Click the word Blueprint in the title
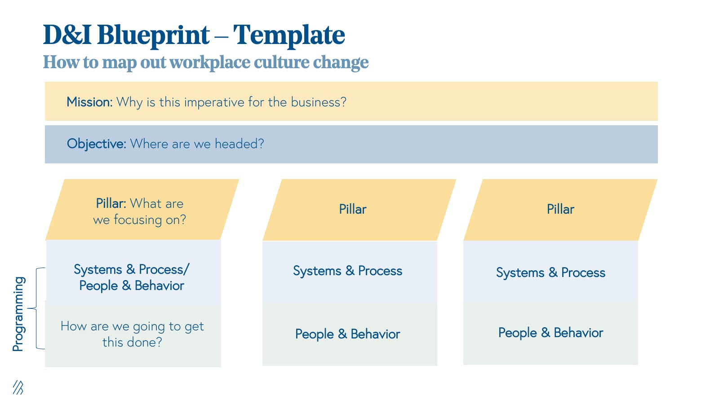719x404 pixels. click(153, 35)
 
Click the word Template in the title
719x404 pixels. click(289, 35)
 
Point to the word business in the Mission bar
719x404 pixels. click(318, 102)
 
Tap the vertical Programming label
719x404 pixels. click(18, 314)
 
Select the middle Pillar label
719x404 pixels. click(352, 209)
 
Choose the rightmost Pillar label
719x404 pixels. click(560, 209)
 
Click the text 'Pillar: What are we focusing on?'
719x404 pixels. click(139, 211)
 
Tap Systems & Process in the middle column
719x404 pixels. click(347, 271)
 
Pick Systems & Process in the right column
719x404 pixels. click(550, 272)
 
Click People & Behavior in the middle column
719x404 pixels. click(347, 334)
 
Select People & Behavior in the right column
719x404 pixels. click(550, 333)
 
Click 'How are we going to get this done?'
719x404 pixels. click(132, 334)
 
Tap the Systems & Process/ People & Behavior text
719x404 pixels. click(132, 277)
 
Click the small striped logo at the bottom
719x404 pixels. click(18, 387)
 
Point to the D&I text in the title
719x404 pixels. click(67, 35)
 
